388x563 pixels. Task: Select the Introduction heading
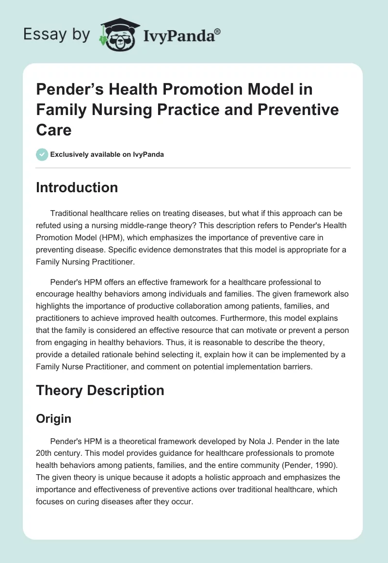click(x=77, y=188)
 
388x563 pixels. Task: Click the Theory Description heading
click(x=100, y=390)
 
